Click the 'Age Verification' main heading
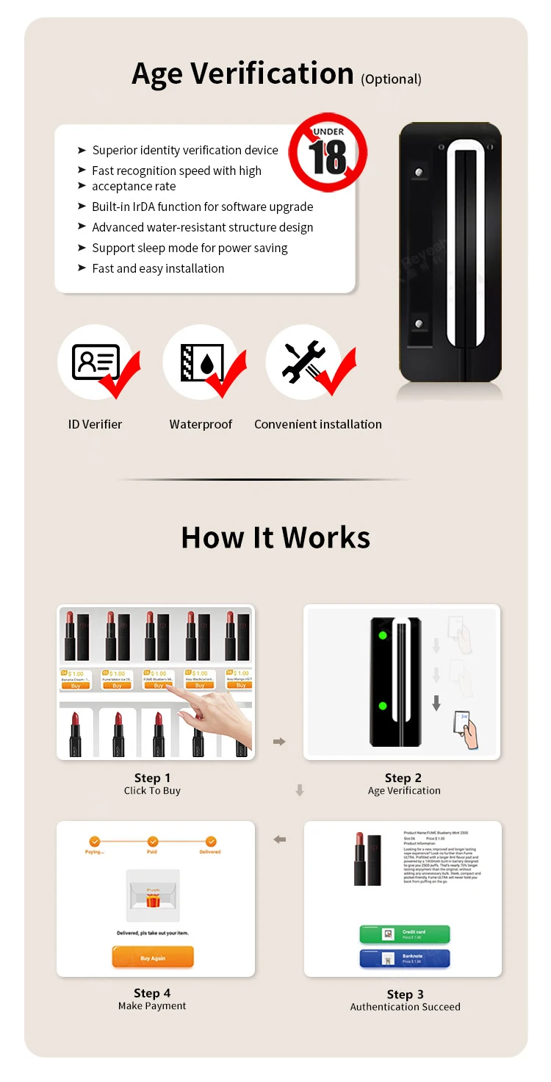point(242,74)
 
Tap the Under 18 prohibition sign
point(327,153)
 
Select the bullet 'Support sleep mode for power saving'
point(190,248)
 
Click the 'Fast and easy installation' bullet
point(158,268)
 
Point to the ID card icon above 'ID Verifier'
point(96,362)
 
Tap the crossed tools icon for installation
point(303,362)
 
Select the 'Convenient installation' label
point(317,424)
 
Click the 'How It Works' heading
point(275,537)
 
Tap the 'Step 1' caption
point(152,778)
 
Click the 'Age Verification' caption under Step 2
point(404,791)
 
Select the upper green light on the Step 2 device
point(382,636)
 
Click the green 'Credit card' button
point(404,934)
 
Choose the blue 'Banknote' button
point(404,959)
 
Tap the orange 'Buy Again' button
point(153,958)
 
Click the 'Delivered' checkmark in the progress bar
point(211,842)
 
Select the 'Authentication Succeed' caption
point(405,1007)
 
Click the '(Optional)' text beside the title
point(391,79)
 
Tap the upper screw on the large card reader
point(419,173)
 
